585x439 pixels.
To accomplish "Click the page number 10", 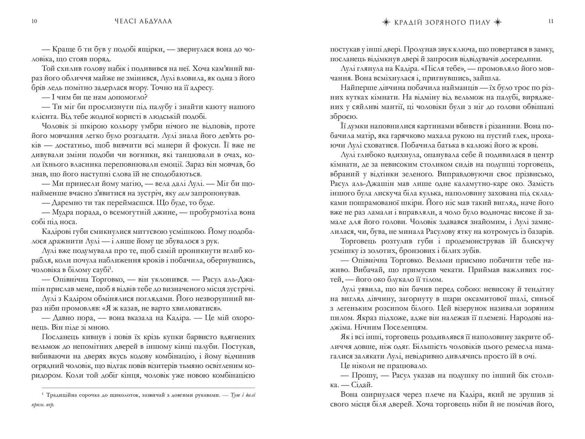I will pos(34,21).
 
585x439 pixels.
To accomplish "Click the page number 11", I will pos(551,21).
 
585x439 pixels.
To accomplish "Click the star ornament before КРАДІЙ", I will pos(386,22).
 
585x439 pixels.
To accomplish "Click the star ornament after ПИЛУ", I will pos(498,22).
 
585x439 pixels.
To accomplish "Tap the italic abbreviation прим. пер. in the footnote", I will pos(43,405).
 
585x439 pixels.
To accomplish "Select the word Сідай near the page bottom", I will pos(359,385).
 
